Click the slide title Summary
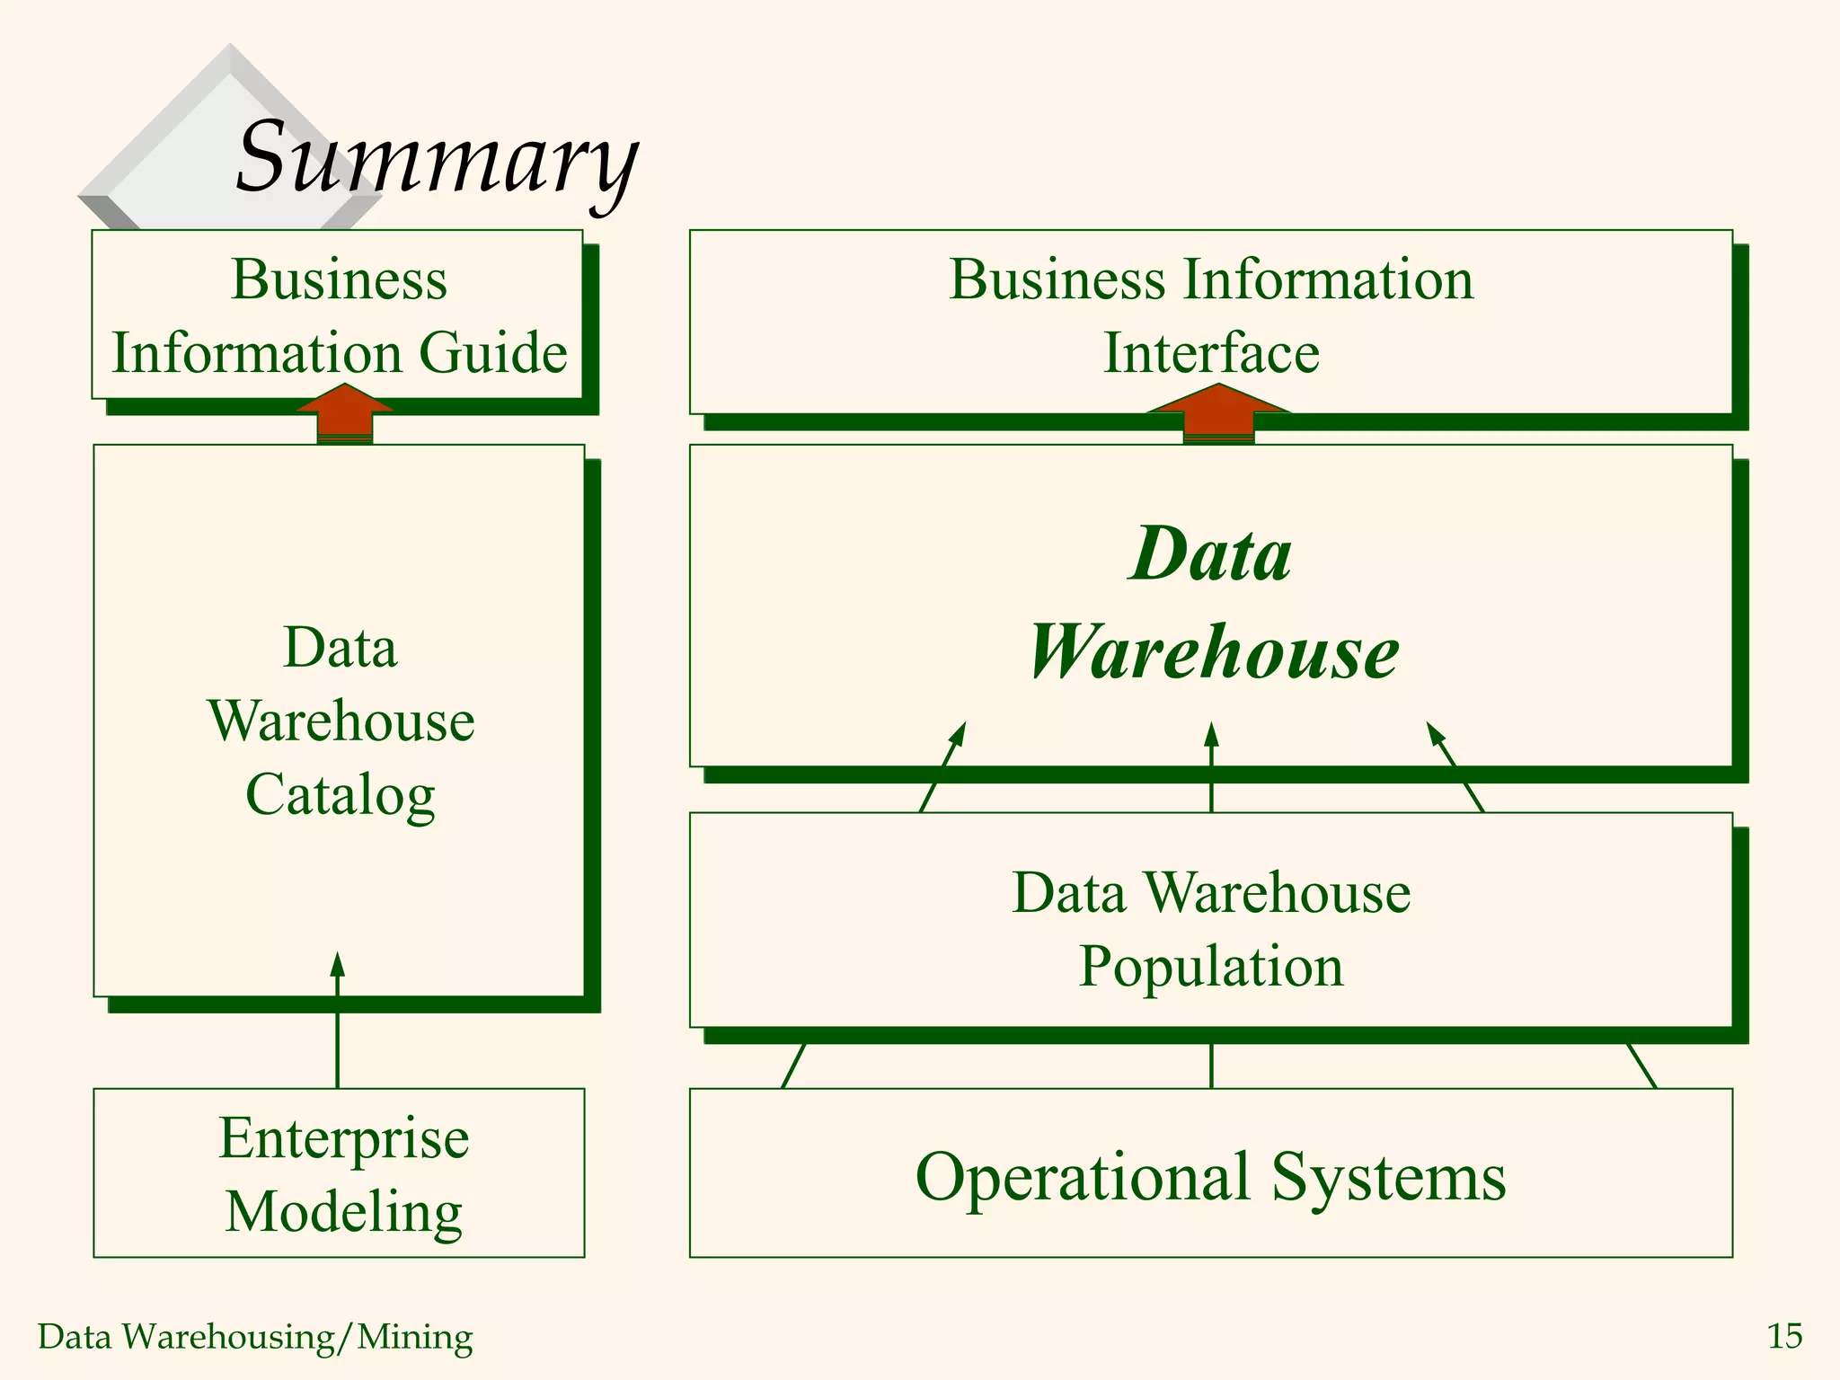point(437,158)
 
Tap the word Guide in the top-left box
point(493,352)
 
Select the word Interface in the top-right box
point(1211,352)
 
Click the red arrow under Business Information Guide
point(345,413)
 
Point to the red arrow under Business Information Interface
point(1218,413)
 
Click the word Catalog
point(341,794)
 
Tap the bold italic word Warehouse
point(1213,651)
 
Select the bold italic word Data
point(1211,553)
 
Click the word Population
point(1211,967)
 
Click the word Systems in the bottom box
point(1389,1177)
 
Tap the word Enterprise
point(344,1138)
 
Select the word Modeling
point(344,1211)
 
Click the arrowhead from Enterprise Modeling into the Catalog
point(338,965)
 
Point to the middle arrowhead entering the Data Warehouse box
point(1211,734)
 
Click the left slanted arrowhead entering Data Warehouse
point(959,734)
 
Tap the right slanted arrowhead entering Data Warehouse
point(1436,734)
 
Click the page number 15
point(1784,1336)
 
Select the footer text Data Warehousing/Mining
point(255,1337)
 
